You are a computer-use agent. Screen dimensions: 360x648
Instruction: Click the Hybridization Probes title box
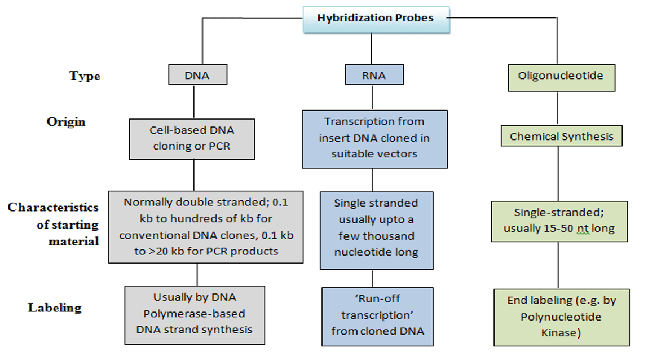(375, 18)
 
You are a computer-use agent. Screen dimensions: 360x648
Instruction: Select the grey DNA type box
(197, 75)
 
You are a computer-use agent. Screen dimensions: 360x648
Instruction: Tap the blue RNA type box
(374, 75)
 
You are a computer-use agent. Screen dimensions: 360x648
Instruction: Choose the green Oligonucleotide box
(560, 76)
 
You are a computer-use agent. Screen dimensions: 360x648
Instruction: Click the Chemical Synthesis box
(561, 137)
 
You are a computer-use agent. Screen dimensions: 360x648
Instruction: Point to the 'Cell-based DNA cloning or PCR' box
(192, 138)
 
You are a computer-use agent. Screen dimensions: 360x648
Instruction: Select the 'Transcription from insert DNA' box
(374, 139)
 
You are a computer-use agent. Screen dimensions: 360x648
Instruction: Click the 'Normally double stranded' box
(206, 227)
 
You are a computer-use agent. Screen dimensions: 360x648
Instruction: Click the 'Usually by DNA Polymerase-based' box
(195, 315)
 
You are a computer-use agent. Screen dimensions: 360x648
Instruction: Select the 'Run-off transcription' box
(377, 317)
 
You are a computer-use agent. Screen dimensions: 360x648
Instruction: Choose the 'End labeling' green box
(561, 317)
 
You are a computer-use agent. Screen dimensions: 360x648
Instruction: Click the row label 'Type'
(85, 76)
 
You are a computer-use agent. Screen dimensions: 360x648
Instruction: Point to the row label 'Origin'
(66, 122)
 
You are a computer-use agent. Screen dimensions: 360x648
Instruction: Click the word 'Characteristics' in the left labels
(53, 208)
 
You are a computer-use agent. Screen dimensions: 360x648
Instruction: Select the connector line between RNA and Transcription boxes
(373, 96)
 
